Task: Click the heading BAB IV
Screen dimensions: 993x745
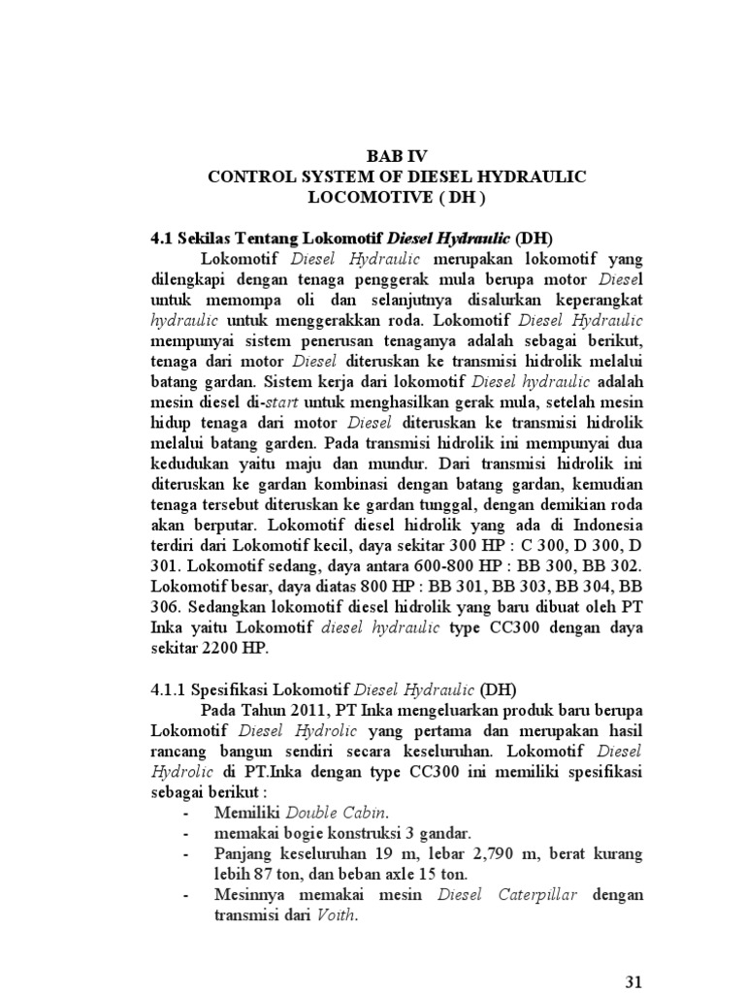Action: [395, 155]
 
